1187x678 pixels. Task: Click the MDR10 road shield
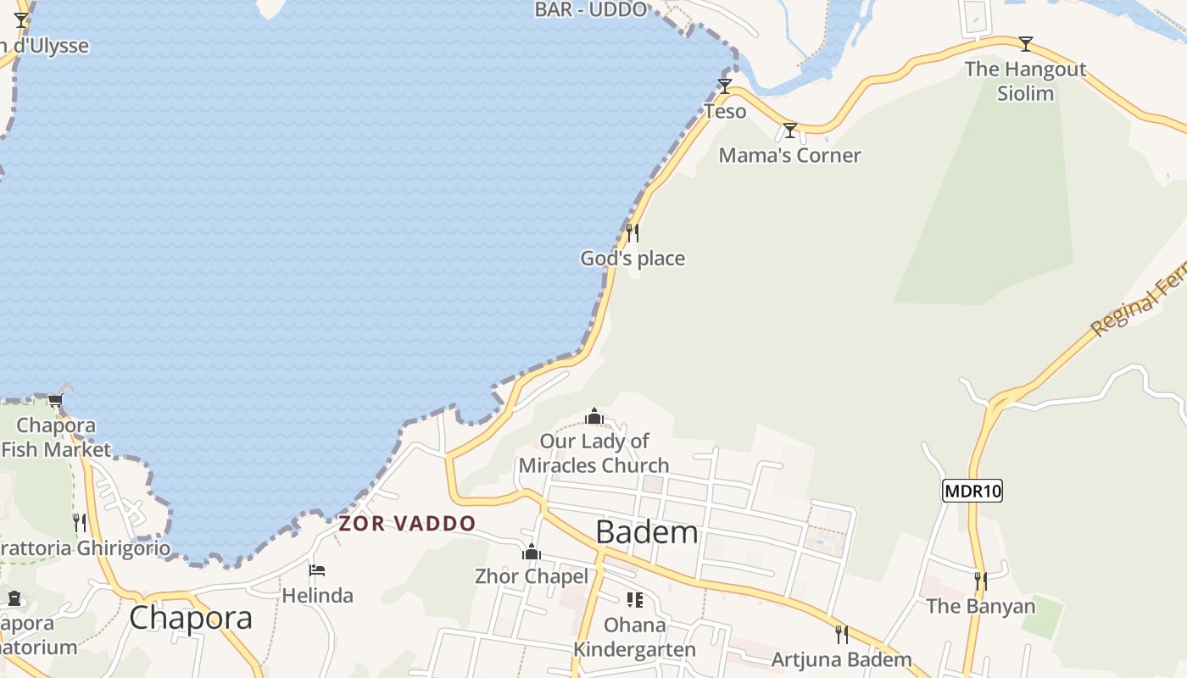click(972, 490)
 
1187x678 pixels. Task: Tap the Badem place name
click(647, 532)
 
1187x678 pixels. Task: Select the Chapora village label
click(191, 618)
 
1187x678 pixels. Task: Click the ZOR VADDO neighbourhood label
click(407, 523)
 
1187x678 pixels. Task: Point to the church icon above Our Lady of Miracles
click(594, 416)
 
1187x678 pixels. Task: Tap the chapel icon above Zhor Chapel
click(532, 553)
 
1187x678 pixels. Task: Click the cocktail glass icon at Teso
click(725, 86)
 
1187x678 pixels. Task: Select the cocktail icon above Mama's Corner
click(790, 131)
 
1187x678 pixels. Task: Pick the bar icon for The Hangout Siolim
click(1026, 43)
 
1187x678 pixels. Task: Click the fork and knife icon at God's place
click(633, 232)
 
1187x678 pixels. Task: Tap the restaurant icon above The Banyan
click(981, 581)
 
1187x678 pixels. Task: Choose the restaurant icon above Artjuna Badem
click(842, 635)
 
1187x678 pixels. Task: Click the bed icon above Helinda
click(317, 570)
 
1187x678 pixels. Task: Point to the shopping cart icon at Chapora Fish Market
click(56, 400)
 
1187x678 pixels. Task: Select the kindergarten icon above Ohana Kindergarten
click(634, 600)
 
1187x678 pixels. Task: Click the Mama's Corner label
click(789, 155)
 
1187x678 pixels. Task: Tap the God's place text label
click(633, 258)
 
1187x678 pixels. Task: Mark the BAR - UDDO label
click(591, 9)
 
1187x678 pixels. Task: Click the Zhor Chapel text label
click(532, 576)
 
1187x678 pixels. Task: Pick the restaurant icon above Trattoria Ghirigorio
click(80, 522)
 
